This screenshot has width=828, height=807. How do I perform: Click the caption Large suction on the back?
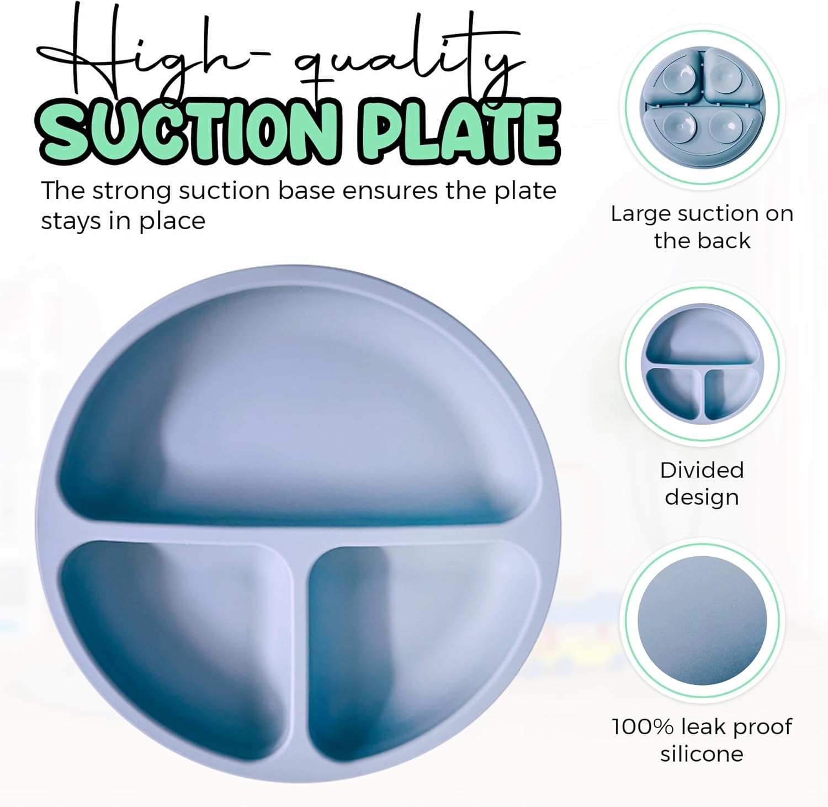point(702,227)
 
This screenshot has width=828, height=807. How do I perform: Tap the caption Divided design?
point(702,483)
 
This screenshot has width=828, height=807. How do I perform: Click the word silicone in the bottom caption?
point(702,753)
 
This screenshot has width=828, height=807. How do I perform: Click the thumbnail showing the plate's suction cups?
point(702,105)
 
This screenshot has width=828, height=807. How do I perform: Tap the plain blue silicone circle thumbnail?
point(702,620)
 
